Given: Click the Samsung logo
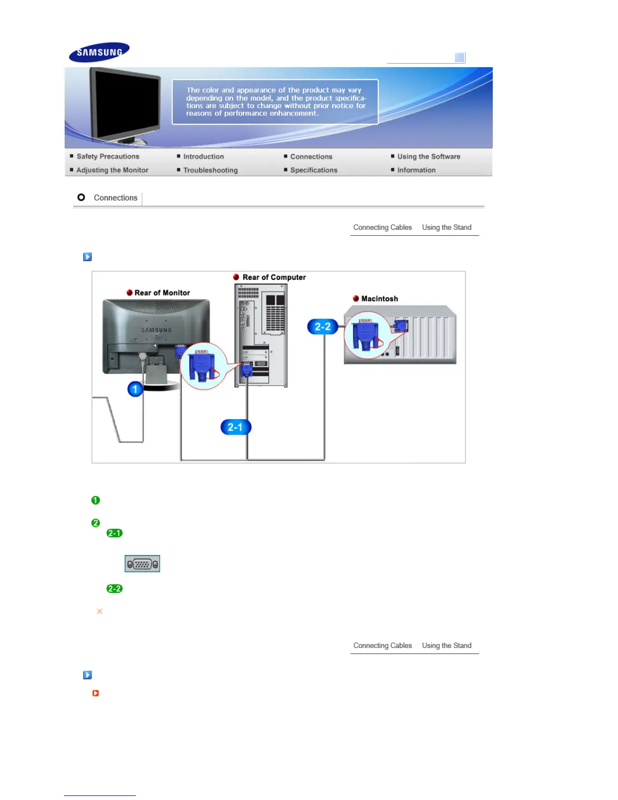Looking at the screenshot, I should [99, 52].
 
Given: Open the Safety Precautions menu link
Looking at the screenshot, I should [108, 157].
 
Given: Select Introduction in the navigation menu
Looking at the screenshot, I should [203, 157].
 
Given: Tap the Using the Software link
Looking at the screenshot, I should [428, 157].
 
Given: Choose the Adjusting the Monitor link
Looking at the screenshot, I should [112, 170].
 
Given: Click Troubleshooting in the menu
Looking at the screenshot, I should [210, 170].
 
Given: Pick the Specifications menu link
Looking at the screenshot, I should [314, 170].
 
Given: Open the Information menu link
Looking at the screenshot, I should [416, 170].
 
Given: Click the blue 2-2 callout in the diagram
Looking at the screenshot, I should [323, 327].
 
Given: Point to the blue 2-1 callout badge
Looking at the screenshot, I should [236, 427].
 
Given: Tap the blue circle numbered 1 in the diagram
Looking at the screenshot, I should [135, 389].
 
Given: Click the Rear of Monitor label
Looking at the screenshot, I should [162, 293].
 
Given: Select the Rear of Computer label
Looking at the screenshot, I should [274, 277].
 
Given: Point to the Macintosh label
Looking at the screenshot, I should [379, 299].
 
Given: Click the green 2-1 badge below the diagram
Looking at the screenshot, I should [115, 533].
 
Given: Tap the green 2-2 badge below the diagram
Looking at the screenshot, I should [115, 588].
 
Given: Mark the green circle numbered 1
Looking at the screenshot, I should [95, 500].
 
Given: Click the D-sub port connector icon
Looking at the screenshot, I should [142, 564].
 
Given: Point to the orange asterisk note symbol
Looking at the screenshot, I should [99, 611].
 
